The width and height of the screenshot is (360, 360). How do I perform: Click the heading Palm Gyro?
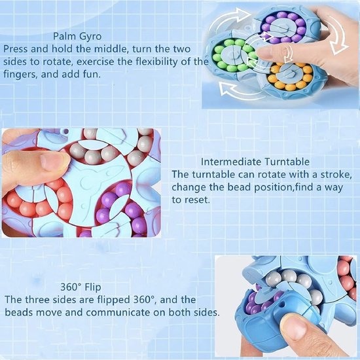[x=77, y=36]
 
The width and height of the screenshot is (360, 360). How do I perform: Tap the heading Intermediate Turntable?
[x=255, y=162]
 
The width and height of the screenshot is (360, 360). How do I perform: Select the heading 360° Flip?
[x=81, y=287]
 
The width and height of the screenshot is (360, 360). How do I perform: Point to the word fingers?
[x=20, y=75]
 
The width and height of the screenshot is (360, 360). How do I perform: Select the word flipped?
[x=113, y=300]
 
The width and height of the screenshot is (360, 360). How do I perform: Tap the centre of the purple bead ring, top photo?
[x=284, y=27]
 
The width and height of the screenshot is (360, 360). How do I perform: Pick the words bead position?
[x=260, y=187]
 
